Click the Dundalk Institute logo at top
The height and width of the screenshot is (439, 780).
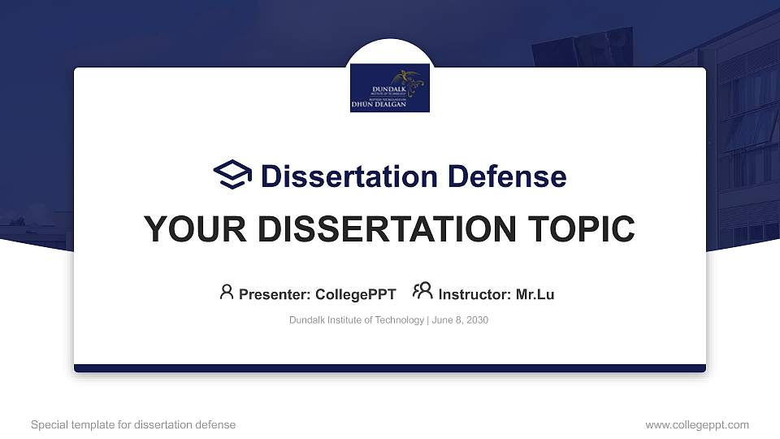[390, 87]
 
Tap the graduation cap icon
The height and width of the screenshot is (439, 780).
[232, 176]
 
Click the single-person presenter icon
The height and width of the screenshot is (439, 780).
[227, 292]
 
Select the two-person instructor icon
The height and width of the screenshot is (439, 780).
[422, 292]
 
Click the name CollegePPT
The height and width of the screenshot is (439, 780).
[355, 294]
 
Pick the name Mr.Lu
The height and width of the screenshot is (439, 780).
[535, 294]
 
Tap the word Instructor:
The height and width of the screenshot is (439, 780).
[474, 294]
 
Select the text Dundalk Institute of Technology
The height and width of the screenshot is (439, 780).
[356, 320]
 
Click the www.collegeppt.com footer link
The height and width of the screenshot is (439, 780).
[697, 424]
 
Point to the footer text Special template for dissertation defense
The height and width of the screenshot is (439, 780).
[133, 424]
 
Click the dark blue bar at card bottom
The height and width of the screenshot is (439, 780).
[390, 368]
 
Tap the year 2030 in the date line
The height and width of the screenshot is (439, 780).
[477, 320]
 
